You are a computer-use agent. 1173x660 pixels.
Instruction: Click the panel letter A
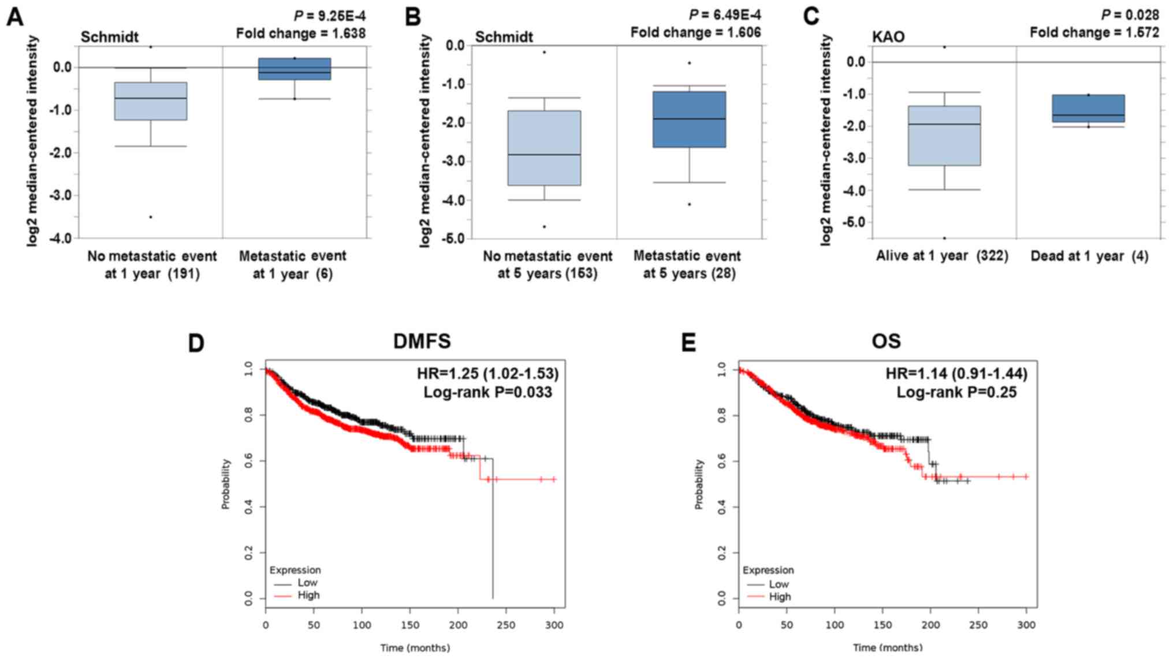click(x=15, y=17)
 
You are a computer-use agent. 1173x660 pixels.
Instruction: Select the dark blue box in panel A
click(x=295, y=69)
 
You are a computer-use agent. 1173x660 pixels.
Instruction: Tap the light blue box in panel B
click(x=544, y=148)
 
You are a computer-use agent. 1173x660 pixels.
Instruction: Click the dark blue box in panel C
click(x=1088, y=109)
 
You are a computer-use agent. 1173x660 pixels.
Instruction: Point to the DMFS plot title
click(x=422, y=341)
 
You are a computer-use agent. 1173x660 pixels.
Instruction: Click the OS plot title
click(x=886, y=341)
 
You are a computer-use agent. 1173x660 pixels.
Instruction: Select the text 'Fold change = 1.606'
click(x=695, y=32)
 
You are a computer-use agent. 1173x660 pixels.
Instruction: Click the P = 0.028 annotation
click(x=1130, y=15)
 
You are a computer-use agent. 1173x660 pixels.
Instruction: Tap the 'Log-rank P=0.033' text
click(x=487, y=392)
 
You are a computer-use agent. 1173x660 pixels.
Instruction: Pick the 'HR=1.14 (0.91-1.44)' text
click(x=956, y=374)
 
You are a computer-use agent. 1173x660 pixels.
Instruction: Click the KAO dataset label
click(x=888, y=37)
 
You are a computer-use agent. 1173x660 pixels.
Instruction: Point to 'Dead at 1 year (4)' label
click(x=1089, y=256)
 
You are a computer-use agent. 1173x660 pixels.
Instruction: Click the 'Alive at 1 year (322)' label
click(x=942, y=256)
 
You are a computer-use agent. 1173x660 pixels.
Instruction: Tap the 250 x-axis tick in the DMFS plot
click(x=506, y=625)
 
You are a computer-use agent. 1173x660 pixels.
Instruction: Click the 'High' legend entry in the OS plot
click(x=780, y=596)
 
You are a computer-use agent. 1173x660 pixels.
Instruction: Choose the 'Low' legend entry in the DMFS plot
click(x=307, y=583)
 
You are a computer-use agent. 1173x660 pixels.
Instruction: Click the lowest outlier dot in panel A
click(x=151, y=217)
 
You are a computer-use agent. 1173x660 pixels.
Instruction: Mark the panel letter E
click(x=688, y=343)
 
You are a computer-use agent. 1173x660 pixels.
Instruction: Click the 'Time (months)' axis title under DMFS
click(x=415, y=648)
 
